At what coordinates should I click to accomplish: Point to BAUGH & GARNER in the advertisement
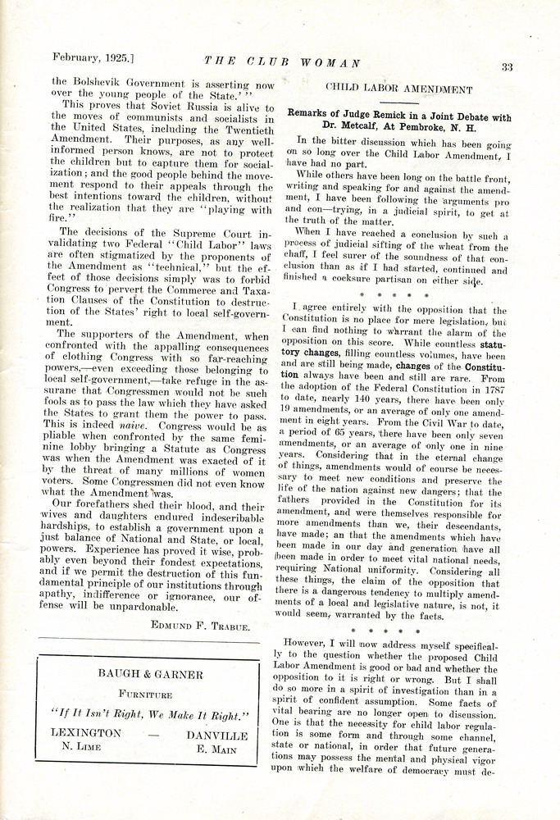(148, 674)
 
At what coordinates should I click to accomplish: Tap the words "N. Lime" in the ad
(84, 748)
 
